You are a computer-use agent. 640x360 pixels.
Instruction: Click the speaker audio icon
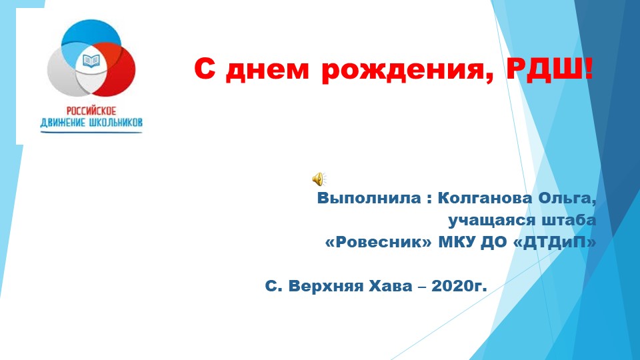(x=319, y=178)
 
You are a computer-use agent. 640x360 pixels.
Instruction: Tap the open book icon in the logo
(x=90, y=62)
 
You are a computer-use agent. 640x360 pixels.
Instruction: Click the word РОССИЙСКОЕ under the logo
(x=91, y=111)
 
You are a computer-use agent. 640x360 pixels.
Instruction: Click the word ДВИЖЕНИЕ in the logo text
(x=65, y=123)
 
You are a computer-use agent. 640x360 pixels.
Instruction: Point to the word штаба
(x=569, y=220)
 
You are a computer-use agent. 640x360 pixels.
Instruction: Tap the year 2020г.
(x=459, y=287)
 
